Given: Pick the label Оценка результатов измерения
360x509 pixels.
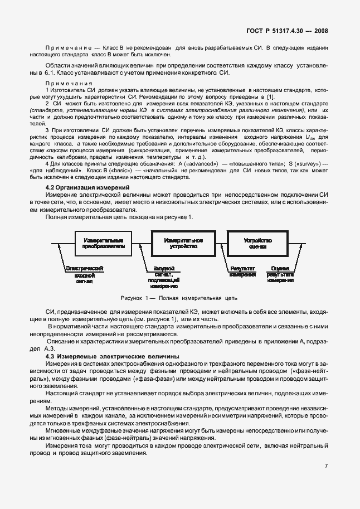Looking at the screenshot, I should point(280,274).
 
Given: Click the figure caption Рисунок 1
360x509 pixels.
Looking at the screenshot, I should point(179,298).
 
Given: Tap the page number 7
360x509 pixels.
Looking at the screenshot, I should point(327,466).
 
